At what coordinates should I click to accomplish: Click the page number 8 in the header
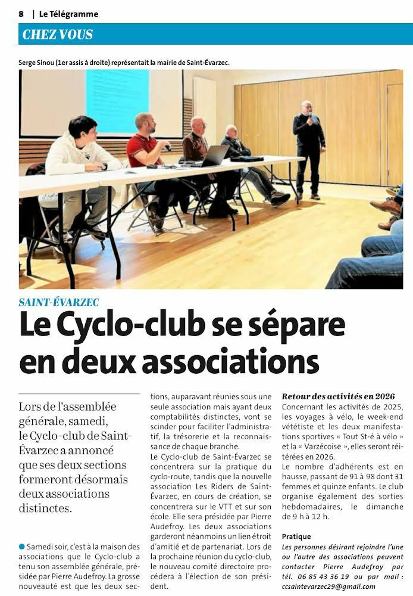point(21,14)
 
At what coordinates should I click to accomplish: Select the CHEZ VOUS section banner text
point(58,35)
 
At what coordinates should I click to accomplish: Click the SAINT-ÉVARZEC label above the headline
point(59,302)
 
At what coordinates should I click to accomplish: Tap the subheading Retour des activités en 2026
point(338,396)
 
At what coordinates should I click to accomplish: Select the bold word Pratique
point(296,536)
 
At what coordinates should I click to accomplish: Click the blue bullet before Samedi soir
point(22,546)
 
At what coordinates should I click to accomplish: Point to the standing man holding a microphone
point(309,149)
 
